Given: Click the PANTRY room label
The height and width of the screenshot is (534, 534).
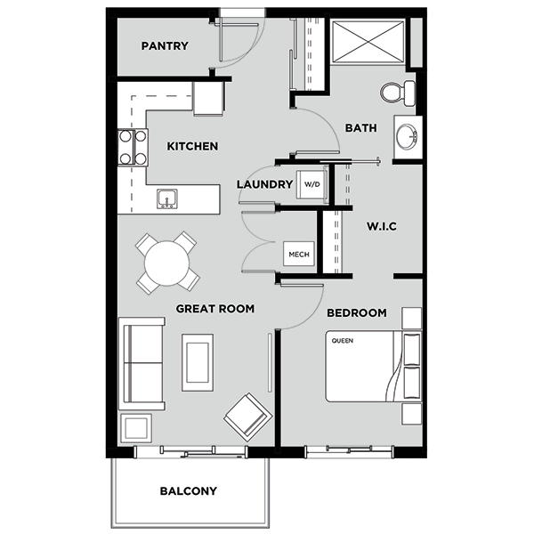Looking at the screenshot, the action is click(x=165, y=46).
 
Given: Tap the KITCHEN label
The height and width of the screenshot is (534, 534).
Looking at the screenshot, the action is click(x=192, y=147).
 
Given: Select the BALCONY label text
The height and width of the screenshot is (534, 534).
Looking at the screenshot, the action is click(x=189, y=490).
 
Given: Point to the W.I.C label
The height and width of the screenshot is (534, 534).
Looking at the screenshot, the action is click(x=382, y=226).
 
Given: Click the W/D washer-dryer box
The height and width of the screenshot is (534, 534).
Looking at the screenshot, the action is click(x=312, y=184).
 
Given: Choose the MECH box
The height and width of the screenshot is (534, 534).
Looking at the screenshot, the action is click(x=299, y=254).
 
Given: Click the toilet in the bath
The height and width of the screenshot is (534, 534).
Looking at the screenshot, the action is click(x=398, y=93).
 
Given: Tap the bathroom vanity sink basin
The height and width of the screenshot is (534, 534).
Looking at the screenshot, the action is click(x=407, y=137).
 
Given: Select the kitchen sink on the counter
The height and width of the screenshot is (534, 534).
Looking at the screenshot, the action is click(x=167, y=198).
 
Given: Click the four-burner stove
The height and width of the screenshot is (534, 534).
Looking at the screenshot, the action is click(x=133, y=148).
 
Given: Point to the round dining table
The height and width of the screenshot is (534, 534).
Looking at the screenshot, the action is click(x=167, y=263).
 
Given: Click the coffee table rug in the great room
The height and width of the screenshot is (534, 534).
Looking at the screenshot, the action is click(x=198, y=362).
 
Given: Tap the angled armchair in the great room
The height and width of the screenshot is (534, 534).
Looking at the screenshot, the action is click(x=248, y=417).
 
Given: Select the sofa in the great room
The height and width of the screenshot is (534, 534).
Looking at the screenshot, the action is click(x=142, y=363).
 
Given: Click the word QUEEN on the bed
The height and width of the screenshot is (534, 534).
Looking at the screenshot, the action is click(x=343, y=341).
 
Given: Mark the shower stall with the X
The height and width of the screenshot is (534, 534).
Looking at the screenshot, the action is click(x=368, y=42).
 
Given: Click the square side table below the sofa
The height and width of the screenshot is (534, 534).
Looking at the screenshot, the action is click(x=136, y=428).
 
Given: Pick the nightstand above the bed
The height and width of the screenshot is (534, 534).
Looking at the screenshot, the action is click(x=412, y=318).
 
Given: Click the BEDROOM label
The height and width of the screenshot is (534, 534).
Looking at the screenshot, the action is click(x=357, y=313).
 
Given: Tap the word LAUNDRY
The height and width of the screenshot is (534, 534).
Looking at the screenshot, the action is click(x=265, y=184).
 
